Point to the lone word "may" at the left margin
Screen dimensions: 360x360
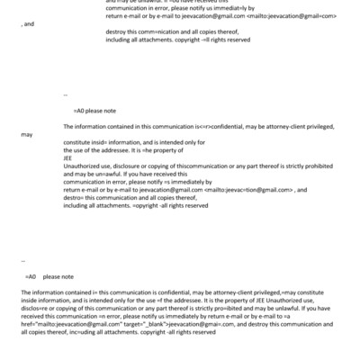pos(25,135)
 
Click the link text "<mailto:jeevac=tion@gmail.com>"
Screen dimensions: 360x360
pos(250,190)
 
